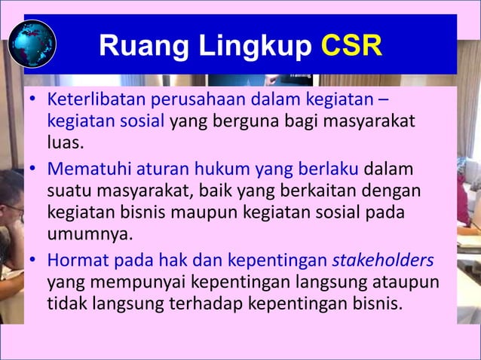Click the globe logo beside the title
[32, 43]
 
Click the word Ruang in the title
[130, 47]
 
